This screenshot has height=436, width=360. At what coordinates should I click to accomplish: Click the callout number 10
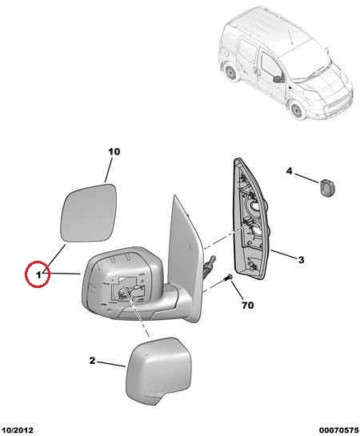point(114,152)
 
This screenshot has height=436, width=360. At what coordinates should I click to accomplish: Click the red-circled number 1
point(38,275)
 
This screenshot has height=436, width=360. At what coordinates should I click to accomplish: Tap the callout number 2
point(92,361)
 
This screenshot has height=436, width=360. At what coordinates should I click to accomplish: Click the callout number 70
point(248,306)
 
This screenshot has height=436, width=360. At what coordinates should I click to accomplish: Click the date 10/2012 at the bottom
point(17,430)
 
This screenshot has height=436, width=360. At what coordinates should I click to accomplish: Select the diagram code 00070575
point(338,430)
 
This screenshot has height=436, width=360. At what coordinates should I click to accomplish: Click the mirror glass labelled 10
point(89,213)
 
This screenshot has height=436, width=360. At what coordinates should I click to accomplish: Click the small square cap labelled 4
point(327,188)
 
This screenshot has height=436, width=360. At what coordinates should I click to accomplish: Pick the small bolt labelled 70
point(230,278)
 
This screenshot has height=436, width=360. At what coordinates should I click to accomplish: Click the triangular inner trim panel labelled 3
point(251,220)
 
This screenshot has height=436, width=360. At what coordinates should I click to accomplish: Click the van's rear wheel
point(230,73)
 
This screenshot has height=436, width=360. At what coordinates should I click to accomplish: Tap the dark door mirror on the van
point(278,78)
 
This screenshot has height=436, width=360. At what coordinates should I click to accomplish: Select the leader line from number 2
point(111,364)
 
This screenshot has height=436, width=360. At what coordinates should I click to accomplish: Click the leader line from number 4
point(306,178)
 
